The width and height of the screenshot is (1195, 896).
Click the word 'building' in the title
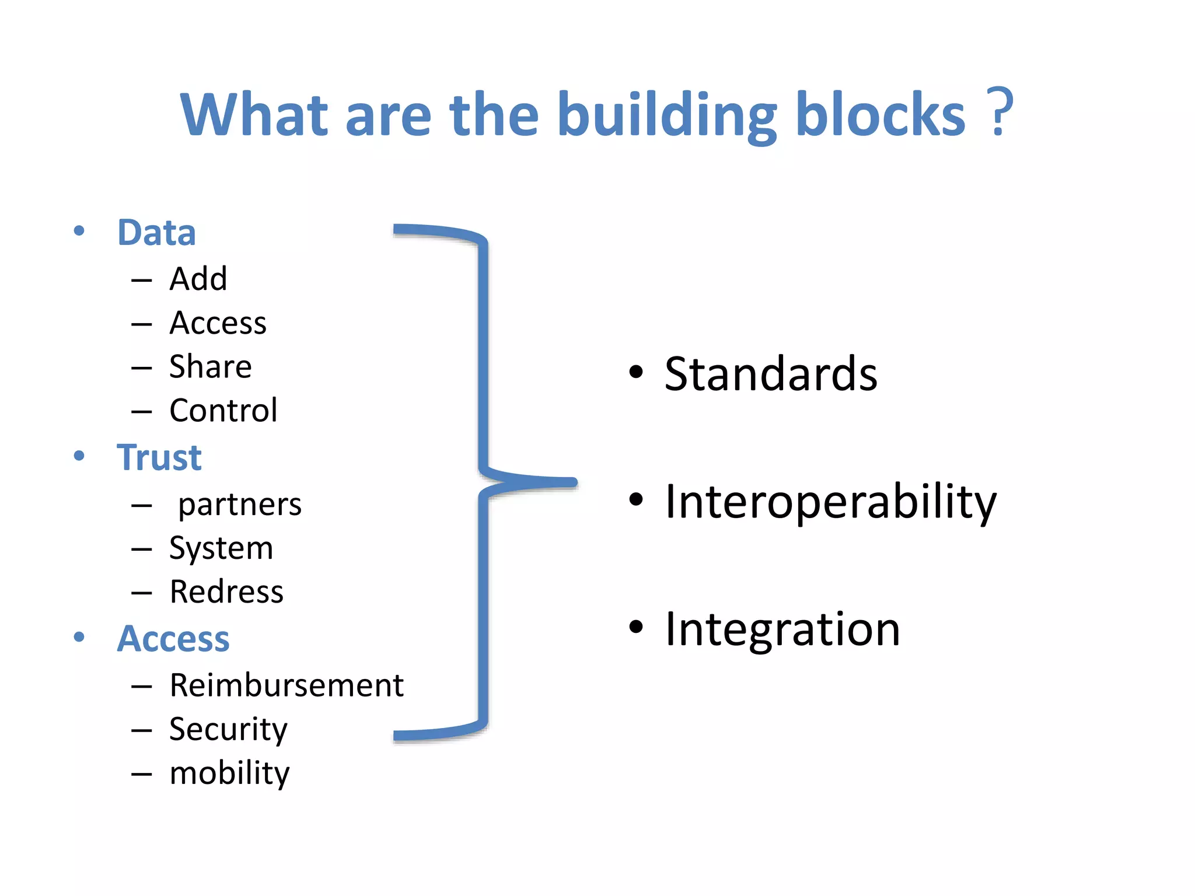click(x=666, y=115)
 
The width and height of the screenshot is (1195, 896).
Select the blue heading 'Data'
click(x=156, y=232)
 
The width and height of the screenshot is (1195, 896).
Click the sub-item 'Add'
click(x=198, y=279)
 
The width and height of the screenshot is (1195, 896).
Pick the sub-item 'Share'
click(x=211, y=367)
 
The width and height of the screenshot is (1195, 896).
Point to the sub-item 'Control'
click(x=223, y=411)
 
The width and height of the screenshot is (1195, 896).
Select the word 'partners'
click(x=240, y=505)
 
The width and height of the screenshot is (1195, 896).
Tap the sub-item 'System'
click(x=221, y=548)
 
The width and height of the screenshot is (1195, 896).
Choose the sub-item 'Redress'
click(x=226, y=592)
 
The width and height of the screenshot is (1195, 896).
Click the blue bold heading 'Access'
click(x=173, y=638)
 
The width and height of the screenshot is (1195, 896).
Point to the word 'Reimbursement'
click(x=286, y=685)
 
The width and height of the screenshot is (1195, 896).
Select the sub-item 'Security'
click(x=228, y=730)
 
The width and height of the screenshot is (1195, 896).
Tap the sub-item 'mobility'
click(x=229, y=773)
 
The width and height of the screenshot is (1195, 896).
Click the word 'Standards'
click(x=771, y=374)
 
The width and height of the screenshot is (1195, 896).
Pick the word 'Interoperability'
click(x=831, y=502)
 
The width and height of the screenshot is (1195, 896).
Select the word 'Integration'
click(x=782, y=629)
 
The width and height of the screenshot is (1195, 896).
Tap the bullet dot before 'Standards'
click(x=636, y=372)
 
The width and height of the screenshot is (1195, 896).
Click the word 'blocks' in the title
click(x=880, y=115)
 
